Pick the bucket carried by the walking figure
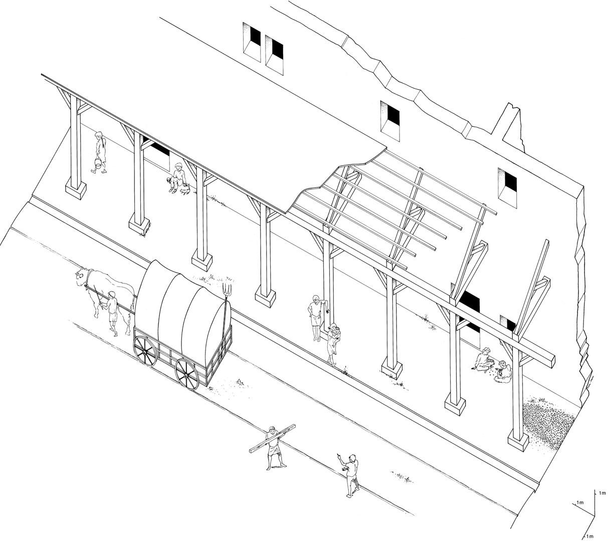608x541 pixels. point(97,163)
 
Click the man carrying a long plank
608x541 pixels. point(273,448)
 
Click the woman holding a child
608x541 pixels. point(333,344)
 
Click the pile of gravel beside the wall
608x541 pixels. point(546,423)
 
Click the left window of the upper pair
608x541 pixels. point(252,42)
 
